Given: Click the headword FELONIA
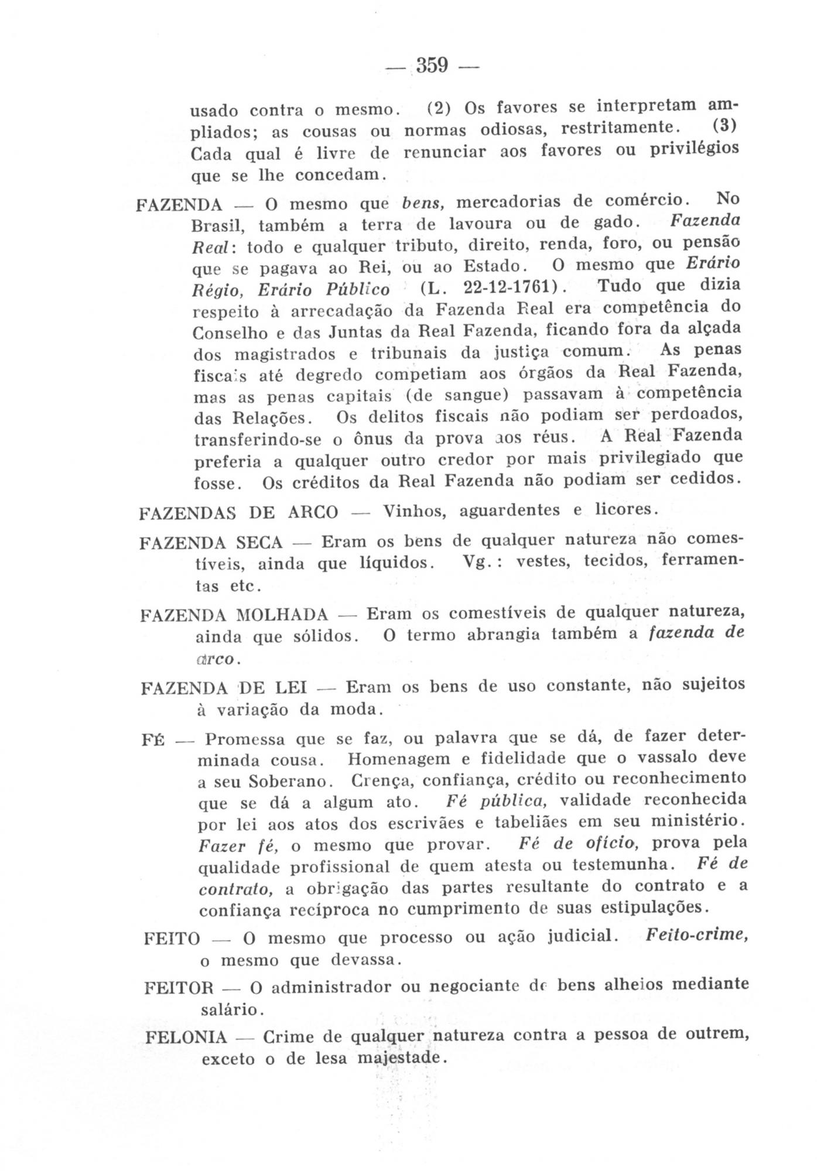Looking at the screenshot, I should (186, 1038).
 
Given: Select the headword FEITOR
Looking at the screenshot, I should (179, 988).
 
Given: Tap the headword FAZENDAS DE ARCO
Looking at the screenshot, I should (238, 513).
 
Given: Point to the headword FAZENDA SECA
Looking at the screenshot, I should (211, 542).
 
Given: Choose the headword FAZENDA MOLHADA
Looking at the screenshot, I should (234, 615).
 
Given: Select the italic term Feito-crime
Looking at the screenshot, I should (697, 934).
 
